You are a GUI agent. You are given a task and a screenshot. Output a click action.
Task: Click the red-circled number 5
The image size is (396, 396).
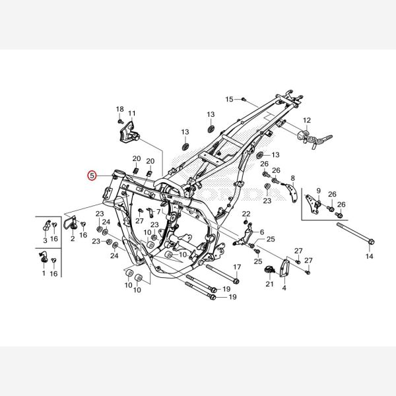click(x=92, y=176)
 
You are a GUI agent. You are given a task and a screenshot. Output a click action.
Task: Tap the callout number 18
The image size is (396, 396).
click(x=119, y=108)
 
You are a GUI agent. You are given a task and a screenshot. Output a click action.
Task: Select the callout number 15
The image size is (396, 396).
click(x=229, y=99)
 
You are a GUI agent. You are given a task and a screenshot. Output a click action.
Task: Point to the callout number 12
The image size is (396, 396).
click(x=306, y=120)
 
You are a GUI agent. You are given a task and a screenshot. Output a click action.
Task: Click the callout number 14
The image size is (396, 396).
click(x=369, y=255)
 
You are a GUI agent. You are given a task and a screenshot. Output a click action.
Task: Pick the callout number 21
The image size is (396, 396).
click(x=269, y=284)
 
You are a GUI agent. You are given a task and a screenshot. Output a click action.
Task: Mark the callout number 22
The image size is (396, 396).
click(x=246, y=214)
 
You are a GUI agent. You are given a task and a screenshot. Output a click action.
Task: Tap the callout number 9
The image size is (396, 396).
click(x=318, y=191)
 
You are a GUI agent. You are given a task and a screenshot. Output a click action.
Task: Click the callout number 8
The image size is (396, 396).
click(x=292, y=178)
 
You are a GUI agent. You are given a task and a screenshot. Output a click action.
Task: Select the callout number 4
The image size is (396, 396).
click(x=284, y=288)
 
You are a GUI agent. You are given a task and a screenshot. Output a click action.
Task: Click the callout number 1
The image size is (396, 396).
click(x=44, y=273)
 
